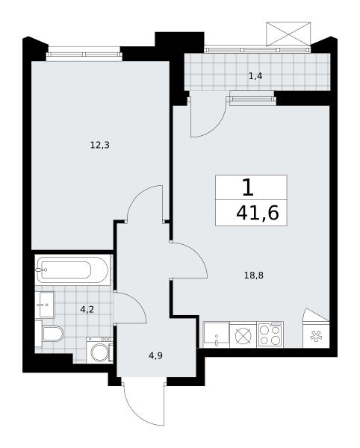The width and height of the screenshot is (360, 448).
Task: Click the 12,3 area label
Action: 100,146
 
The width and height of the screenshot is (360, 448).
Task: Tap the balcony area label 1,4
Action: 255,76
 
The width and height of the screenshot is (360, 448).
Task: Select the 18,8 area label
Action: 254,276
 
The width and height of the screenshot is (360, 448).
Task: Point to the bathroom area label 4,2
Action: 87,310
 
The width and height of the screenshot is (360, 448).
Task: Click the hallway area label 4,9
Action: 155,356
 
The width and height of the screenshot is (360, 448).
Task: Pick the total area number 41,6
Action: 257,213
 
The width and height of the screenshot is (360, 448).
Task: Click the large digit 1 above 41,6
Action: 248,188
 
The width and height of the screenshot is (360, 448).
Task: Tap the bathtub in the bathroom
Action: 72,270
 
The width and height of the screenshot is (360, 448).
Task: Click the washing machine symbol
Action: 100,350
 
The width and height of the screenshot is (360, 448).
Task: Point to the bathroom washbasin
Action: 45,305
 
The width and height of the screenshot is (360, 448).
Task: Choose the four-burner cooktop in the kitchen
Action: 270,335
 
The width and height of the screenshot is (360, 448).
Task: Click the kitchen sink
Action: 217,335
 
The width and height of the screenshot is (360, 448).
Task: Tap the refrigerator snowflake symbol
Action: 316,337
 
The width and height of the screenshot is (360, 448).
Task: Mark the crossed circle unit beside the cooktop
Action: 243,335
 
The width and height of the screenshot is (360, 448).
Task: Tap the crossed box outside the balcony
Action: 288,34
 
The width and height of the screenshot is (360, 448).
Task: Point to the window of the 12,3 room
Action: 84,55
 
